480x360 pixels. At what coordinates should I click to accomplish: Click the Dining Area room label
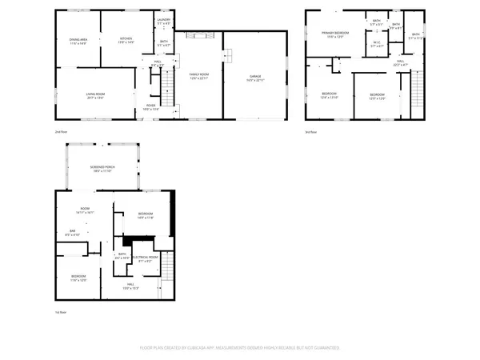click(78, 41)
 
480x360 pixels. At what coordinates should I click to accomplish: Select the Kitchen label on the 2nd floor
click(126, 39)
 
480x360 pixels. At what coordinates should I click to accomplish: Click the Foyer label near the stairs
click(150, 106)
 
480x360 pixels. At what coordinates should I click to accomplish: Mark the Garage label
click(254, 77)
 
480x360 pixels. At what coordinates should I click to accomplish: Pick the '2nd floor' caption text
click(61, 131)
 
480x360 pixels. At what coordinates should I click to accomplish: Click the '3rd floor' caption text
click(311, 131)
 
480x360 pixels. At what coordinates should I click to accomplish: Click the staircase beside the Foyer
click(165, 81)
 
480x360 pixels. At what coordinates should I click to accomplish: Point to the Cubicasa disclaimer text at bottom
click(240, 349)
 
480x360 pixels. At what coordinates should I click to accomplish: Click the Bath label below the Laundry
click(163, 43)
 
